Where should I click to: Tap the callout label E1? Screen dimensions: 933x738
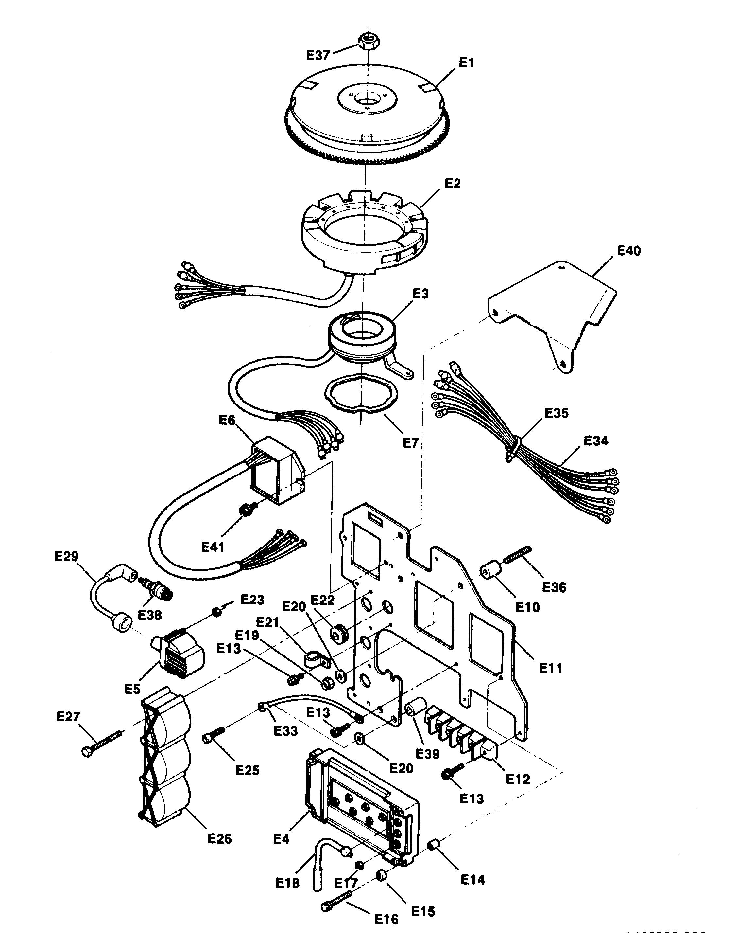[466, 63]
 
